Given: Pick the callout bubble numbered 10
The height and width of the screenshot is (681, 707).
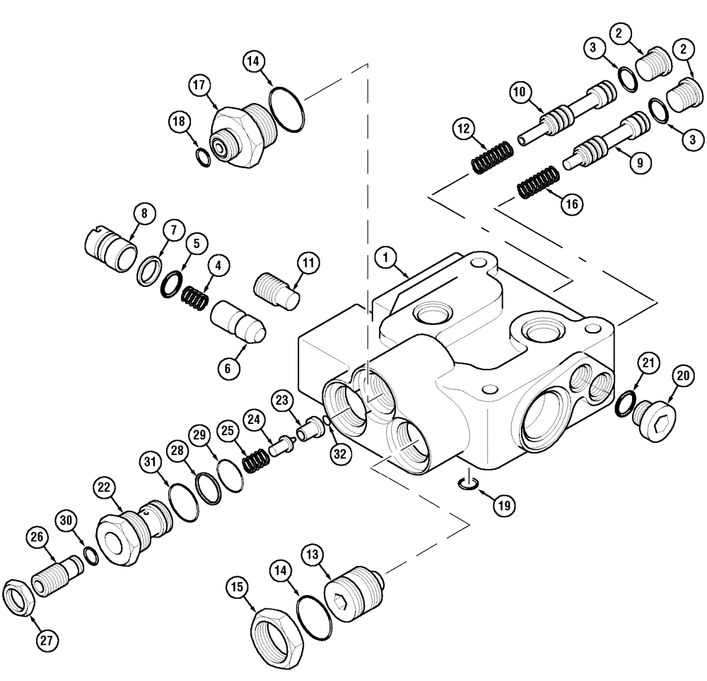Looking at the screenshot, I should tap(520, 91).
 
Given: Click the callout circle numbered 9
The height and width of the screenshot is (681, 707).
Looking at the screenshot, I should tap(638, 162).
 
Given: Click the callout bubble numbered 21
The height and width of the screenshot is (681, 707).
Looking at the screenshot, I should tap(649, 363).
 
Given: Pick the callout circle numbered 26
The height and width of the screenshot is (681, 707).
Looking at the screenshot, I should tap(37, 538).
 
